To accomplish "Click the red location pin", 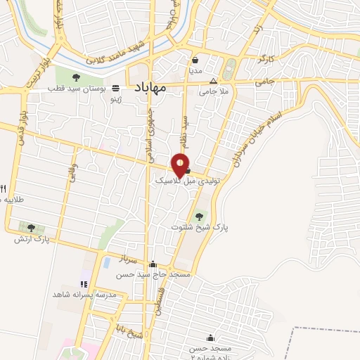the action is point(181,165).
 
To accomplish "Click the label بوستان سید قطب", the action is point(77,89).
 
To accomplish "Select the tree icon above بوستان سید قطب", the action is point(76,77).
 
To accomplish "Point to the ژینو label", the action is point(112,99).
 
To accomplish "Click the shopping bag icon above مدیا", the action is point(195,60).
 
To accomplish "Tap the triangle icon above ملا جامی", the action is point(214,80).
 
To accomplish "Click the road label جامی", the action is point(263,82).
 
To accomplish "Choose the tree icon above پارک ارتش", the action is point(30,227).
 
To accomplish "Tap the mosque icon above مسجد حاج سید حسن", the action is point(153,264).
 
